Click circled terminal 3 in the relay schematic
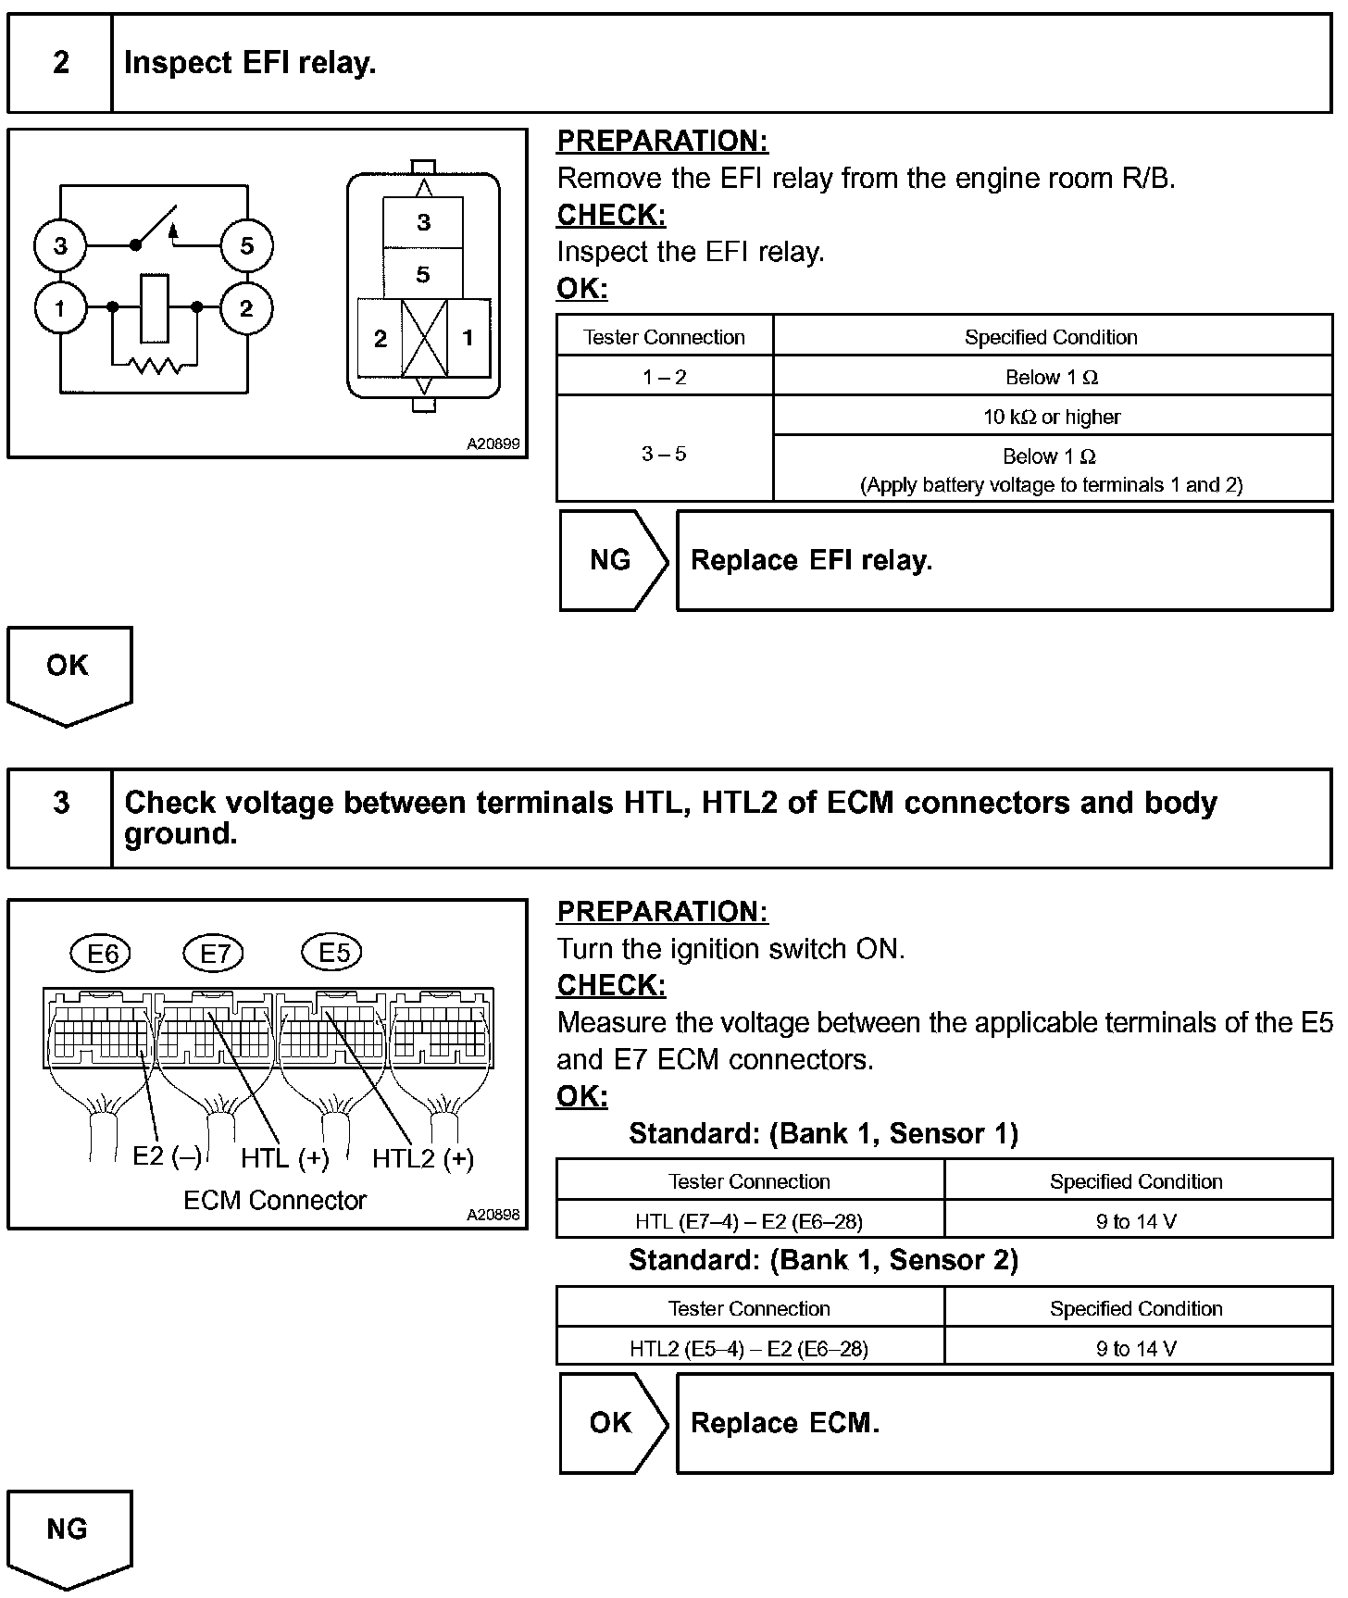point(60,246)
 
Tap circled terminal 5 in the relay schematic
point(246,246)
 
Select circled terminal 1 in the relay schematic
point(60,308)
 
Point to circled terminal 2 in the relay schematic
point(246,308)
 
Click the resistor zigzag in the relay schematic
point(155,367)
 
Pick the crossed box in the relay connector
point(424,338)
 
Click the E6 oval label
point(102,953)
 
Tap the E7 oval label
point(215,953)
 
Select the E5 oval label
point(333,953)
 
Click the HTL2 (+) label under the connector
point(423,1158)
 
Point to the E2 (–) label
point(167,1156)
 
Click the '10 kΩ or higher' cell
point(1052,417)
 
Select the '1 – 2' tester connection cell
point(665,377)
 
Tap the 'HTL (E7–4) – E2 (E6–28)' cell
point(749,1221)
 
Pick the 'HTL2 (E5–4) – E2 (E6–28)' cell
point(749,1348)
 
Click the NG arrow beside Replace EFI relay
point(611,560)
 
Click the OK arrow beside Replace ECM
point(611,1423)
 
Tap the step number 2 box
point(61,63)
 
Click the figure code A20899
point(493,443)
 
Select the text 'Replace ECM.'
point(785,1423)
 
